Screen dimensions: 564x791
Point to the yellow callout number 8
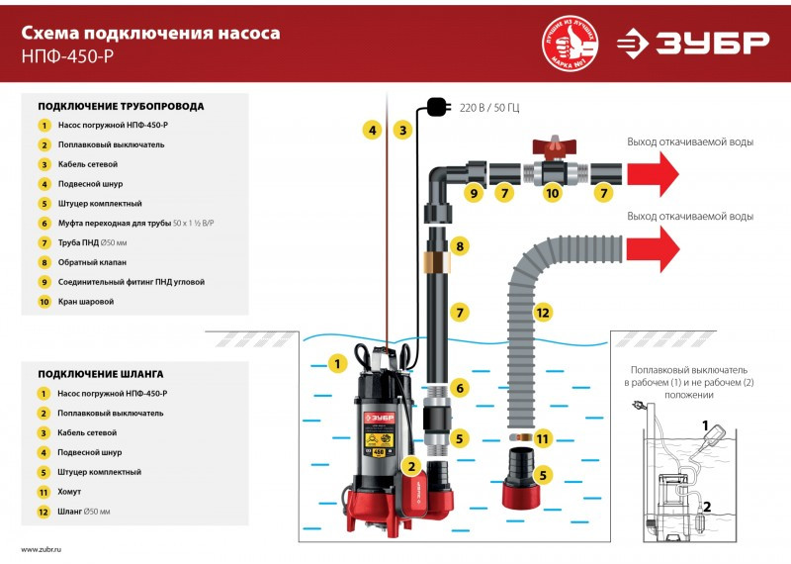pos(459,246)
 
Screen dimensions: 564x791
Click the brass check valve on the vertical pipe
pos(436,261)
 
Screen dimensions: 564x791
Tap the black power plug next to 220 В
pos(436,105)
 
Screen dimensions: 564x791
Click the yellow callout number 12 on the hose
pos(542,313)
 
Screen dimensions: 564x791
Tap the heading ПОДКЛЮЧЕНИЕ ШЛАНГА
pos(101,374)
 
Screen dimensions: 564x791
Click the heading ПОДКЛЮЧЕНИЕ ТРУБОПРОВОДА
pos(121,106)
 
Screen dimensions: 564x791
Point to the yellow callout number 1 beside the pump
pos(337,364)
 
